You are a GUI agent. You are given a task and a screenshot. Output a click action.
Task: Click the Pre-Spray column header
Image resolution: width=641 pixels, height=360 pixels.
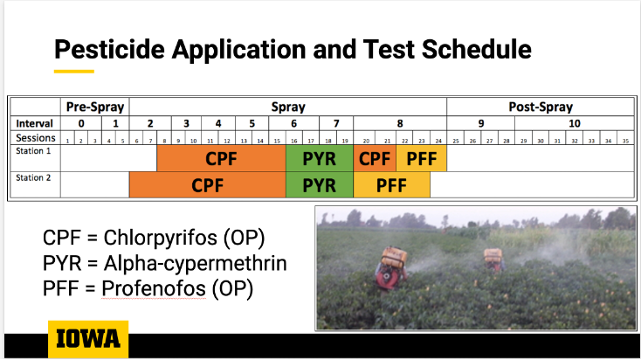[94, 107]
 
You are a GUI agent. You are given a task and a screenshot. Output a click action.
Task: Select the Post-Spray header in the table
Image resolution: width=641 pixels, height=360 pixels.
[540, 107]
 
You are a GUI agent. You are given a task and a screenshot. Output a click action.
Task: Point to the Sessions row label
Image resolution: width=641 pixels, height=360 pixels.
[35, 138]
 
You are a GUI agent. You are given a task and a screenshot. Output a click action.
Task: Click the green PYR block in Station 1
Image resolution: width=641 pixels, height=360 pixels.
[319, 159]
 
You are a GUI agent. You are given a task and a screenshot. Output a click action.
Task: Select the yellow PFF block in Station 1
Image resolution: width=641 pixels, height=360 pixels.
[421, 159]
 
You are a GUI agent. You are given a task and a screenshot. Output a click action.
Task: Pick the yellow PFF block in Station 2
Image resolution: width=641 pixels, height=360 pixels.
[391, 185]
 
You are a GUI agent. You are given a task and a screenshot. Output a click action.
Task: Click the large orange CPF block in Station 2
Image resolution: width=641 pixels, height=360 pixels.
[207, 185]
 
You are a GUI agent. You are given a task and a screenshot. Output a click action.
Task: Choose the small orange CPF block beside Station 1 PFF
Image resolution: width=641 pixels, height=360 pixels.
[375, 159]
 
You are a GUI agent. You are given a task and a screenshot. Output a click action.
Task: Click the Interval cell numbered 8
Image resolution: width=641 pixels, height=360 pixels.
[400, 123]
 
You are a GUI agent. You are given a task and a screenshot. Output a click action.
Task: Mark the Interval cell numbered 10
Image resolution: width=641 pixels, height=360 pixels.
[574, 123]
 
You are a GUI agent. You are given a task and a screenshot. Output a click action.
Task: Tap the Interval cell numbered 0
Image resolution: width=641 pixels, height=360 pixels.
[81, 123]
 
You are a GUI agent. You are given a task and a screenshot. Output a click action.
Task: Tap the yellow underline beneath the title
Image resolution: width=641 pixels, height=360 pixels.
[73, 70]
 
